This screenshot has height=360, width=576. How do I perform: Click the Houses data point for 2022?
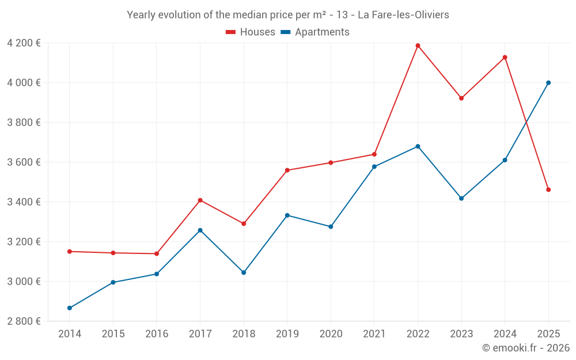pyautogui.click(x=418, y=46)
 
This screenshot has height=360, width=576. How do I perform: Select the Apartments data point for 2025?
pyautogui.click(x=548, y=82)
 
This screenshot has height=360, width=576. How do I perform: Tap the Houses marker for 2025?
pyautogui.click(x=548, y=190)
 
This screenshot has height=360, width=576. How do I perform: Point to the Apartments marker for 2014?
pyautogui.click(x=70, y=308)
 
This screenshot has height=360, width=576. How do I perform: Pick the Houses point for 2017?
pyautogui.click(x=200, y=200)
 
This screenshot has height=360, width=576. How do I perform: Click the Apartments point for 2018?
pyautogui.click(x=244, y=272)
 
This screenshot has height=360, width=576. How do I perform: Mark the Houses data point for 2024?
pyautogui.click(x=505, y=57)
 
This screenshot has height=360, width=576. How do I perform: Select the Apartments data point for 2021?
pyautogui.click(x=374, y=166)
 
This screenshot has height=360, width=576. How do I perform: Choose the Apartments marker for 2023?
pyautogui.click(x=461, y=198)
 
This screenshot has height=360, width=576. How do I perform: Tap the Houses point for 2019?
pyautogui.click(x=287, y=170)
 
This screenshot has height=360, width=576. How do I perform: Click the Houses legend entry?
pyautogui.click(x=251, y=32)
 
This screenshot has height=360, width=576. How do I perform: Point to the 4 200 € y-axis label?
pyautogui.click(x=24, y=43)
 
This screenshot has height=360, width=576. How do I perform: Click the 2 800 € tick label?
pyautogui.click(x=24, y=321)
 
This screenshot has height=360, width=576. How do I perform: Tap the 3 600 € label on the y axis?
pyautogui.click(x=24, y=162)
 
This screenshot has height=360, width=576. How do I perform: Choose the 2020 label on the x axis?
pyautogui.click(x=331, y=334)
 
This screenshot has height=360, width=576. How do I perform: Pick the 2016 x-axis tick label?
pyautogui.click(x=157, y=334)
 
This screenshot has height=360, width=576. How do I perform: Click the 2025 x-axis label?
pyautogui.click(x=548, y=334)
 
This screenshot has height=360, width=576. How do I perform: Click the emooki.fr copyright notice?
pyautogui.click(x=525, y=348)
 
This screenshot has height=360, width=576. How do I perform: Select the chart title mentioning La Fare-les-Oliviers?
pyautogui.click(x=287, y=15)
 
